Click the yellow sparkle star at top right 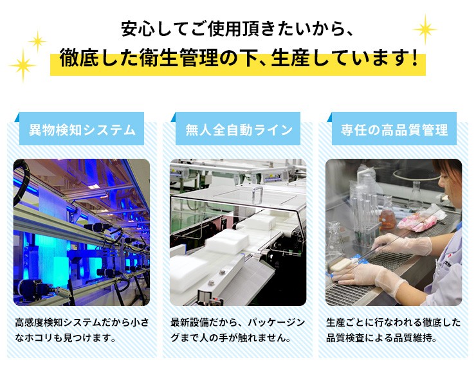pyautogui.click(x=425, y=30)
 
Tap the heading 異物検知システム pyautogui.click(x=82, y=130)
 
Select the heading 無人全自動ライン pyautogui.click(x=239, y=130)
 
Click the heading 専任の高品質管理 pyautogui.click(x=394, y=130)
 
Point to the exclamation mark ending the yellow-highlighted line pyautogui.click(x=415, y=58)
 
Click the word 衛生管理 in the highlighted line pyautogui.click(x=178, y=58)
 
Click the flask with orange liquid pyautogui.click(x=387, y=214)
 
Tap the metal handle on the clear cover pyautogui.click(x=257, y=195)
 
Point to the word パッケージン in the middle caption pyautogui.click(x=276, y=322)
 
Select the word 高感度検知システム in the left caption pyautogui.click(x=59, y=322)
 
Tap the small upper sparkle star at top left pyautogui.click(x=37, y=40)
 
